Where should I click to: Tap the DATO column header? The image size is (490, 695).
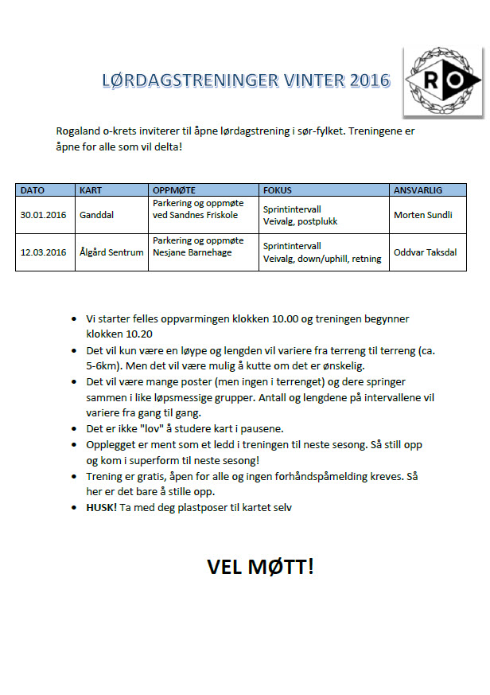pyautogui.click(x=33, y=190)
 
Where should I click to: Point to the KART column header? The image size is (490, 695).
pyautogui.click(x=90, y=190)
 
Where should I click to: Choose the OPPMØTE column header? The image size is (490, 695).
pyautogui.click(x=174, y=190)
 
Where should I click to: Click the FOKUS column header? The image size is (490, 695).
pyautogui.click(x=278, y=190)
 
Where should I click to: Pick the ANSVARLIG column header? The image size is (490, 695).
pyautogui.click(x=418, y=190)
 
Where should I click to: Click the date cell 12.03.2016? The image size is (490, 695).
pyautogui.click(x=44, y=252)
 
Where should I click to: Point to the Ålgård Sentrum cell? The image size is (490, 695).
pyautogui.click(x=111, y=252)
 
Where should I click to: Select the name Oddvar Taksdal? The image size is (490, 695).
pyautogui.click(x=426, y=252)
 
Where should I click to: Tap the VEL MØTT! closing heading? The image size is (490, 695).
pyautogui.click(x=260, y=567)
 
